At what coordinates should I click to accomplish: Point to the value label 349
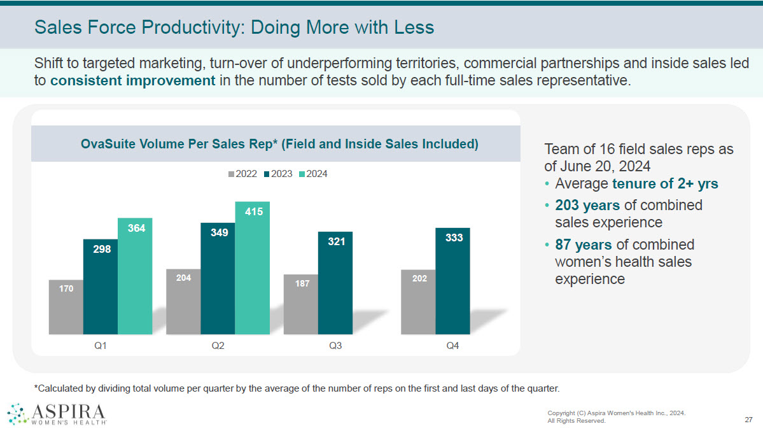click(x=218, y=232)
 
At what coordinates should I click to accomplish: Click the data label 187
click(x=302, y=283)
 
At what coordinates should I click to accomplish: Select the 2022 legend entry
click(x=243, y=173)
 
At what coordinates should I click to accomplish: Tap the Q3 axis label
click(x=335, y=346)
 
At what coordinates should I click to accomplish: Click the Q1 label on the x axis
click(x=101, y=346)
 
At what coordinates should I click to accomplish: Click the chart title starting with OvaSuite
click(x=279, y=144)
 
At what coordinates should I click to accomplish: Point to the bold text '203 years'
click(x=587, y=205)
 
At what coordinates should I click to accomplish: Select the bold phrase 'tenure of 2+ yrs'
click(x=664, y=184)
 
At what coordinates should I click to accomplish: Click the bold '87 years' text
click(x=583, y=245)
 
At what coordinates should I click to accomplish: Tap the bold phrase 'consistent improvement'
click(x=132, y=81)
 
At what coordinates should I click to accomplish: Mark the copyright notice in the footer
click(x=616, y=416)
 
